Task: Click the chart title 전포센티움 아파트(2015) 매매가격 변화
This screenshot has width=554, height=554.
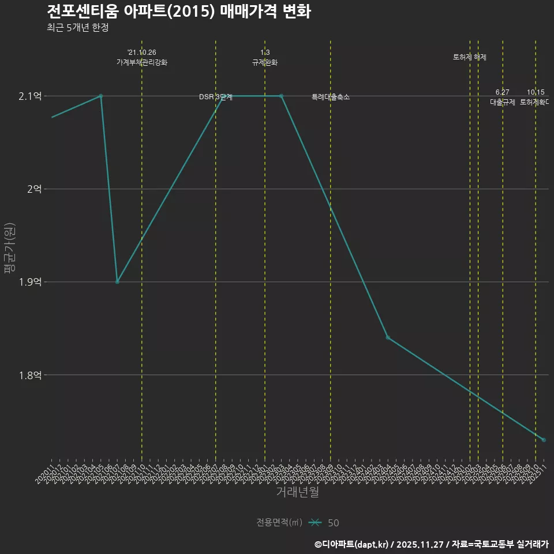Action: click(179, 12)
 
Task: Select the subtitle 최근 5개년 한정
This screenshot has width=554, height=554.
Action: click(77, 27)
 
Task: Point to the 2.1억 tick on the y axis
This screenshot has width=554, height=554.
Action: click(30, 96)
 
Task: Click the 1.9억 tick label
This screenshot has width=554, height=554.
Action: click(30, 282)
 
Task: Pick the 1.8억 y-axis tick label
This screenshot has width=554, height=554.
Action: click(30, 375)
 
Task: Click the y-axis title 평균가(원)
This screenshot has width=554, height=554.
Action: click(10, 249)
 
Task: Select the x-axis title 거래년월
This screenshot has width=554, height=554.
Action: click(297, 492)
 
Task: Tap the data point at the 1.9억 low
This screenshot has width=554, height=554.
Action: click(117, 282)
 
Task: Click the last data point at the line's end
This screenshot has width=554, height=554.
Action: click(544, 440)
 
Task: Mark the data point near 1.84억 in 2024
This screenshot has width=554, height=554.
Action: click(388, 338)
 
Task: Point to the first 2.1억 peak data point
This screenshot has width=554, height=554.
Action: click(101, 96)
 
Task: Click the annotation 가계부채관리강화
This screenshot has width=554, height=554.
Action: click(142, 62)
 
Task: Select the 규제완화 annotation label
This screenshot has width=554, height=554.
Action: click(265, 62)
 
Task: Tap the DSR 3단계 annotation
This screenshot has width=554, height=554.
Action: click(216, 97)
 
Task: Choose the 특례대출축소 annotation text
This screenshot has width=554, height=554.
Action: click(331, 97)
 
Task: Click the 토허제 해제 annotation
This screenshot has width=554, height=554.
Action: click(470, 57)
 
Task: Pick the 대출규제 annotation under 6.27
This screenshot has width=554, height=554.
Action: click(503, 102)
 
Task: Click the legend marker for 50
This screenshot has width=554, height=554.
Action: click(315, 523)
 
